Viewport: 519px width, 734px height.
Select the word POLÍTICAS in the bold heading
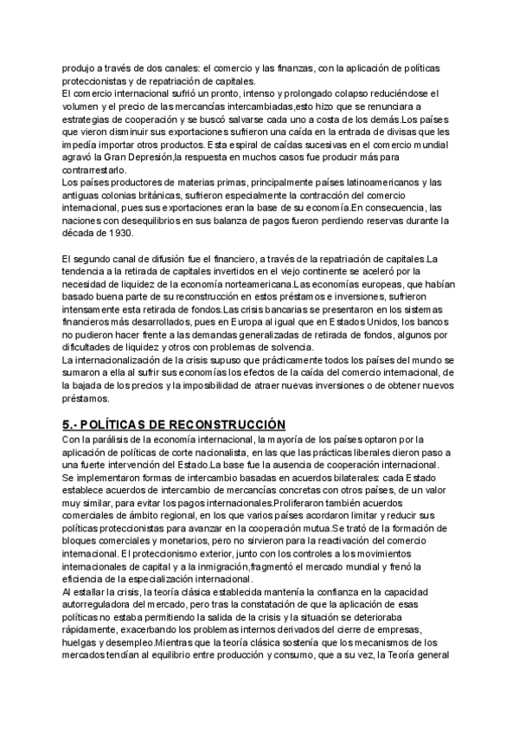(120, 424)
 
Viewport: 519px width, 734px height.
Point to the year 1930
(114, 234)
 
